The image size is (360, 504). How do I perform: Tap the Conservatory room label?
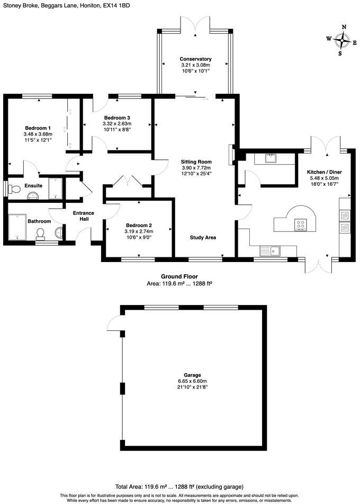[195, 59]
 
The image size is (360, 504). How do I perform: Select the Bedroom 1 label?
[38, 128]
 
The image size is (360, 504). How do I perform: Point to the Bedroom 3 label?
[117, 118]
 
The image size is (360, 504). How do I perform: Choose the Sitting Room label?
[196, 161]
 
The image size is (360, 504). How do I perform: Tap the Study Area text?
[203, 238]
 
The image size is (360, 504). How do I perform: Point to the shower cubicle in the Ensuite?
[56, 188]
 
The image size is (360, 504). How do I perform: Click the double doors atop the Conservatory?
[195, 26]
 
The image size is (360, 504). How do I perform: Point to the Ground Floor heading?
[179, 276]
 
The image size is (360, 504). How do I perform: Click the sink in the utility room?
[270, 157]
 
